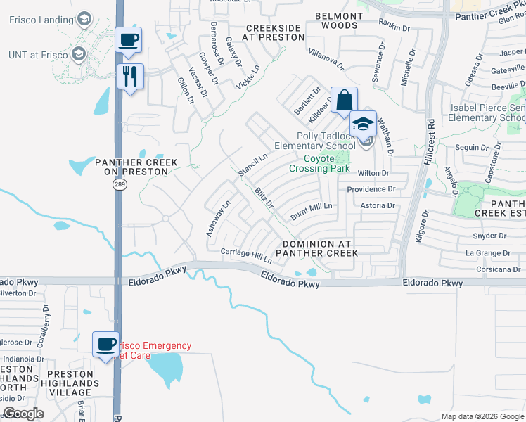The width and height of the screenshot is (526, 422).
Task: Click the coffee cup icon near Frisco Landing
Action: tap(129, 40)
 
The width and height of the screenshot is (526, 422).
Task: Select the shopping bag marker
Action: tap(344, 100)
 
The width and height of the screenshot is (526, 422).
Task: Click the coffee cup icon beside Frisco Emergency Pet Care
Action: tap(106, 345)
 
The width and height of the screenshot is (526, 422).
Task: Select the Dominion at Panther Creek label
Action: tap(320, 248)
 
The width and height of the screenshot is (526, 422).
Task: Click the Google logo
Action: tap(23, 414)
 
